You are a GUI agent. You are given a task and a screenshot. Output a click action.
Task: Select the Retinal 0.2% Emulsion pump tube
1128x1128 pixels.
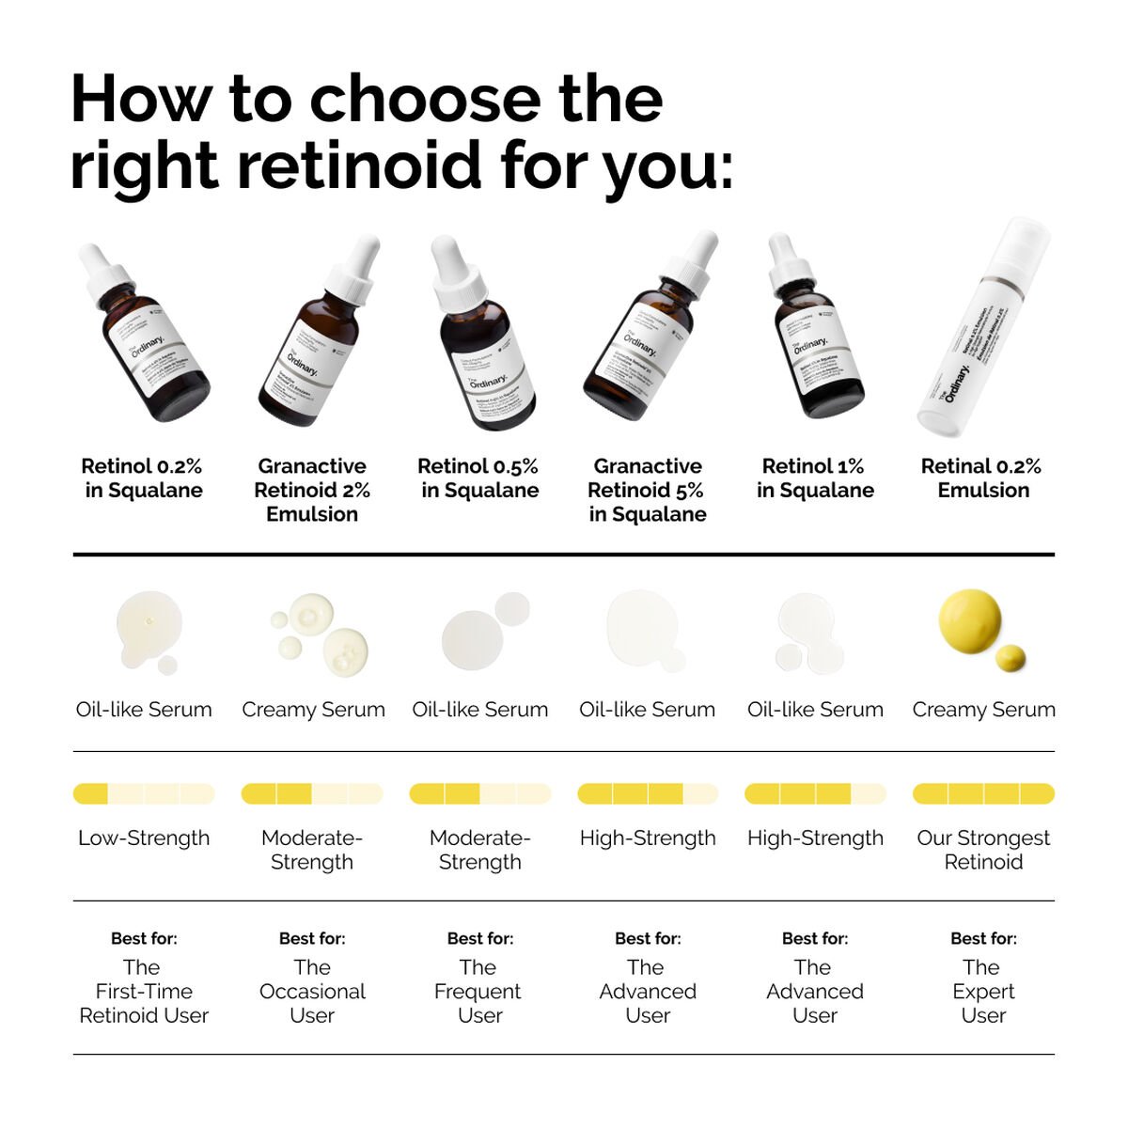pyautogui.click(x=983, y=329)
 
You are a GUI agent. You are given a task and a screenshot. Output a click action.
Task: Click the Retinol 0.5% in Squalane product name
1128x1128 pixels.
pyautogui.click(x=478, y=478)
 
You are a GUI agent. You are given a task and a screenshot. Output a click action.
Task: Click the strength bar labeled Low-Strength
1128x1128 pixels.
pyautogui.click(x=144, y=794)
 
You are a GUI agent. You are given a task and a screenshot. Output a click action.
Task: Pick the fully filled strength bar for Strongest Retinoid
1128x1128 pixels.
pyautogui.click(x=983, y=794)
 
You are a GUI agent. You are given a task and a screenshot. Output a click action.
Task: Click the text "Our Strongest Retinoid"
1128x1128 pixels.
pyautogui.click(x=983, y=850)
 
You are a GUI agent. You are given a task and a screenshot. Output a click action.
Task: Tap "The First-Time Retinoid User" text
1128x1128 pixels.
pyautogui.click(x=144, y=991)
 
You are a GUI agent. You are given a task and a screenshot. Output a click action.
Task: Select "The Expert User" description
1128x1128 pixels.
pyautogui.click(x=983, y=991)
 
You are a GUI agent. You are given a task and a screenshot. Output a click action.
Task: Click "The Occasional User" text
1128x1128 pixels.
pyautogui.click(x=312, y=991)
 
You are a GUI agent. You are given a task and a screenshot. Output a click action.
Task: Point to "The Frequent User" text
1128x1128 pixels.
pyautogui.click(x=478, y=991)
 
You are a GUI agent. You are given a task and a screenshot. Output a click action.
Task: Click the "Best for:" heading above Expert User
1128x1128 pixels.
pyautogui.click(x=983, y=938)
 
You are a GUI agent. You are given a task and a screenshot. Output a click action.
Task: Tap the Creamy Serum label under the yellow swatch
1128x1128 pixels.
pyautogui.click(x=983, y=710)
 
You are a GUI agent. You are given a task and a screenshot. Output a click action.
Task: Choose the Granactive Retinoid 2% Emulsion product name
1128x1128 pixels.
pyautogui.click(x=312, y=490)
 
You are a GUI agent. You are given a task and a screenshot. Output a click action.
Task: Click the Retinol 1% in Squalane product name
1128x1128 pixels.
pyautogui.click(x=815, y=478)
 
